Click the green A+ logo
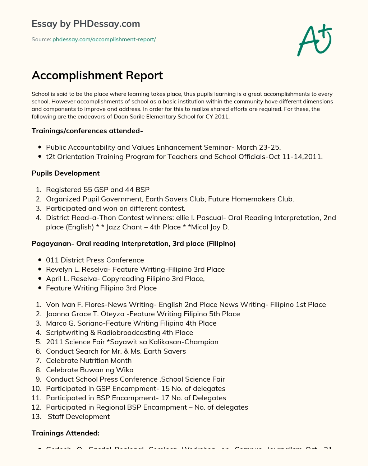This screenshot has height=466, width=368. [314, 40]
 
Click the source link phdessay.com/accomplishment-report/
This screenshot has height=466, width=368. [104, 39]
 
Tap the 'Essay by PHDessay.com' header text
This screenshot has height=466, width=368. [86, 24]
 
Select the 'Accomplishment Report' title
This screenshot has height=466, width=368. [97, 75]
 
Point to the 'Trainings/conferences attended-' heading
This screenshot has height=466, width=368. [87, 131]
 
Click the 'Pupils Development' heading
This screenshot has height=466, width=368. [65, 173]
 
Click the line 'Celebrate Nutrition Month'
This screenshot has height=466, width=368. [89, 360]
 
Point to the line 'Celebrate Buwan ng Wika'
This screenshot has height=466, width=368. [89, 370]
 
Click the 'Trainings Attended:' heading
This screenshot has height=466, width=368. [65, 433]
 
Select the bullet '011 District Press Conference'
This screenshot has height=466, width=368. [95, 260]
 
